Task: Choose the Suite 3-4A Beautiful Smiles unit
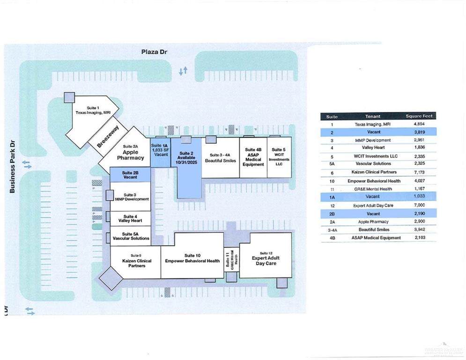220,157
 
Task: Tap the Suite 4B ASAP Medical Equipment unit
253,157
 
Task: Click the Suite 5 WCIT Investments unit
279,157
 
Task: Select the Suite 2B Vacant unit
130,175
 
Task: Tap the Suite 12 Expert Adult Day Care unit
266,260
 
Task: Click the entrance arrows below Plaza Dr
183,71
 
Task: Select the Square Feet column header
420,116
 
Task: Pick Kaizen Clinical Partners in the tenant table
373,172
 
